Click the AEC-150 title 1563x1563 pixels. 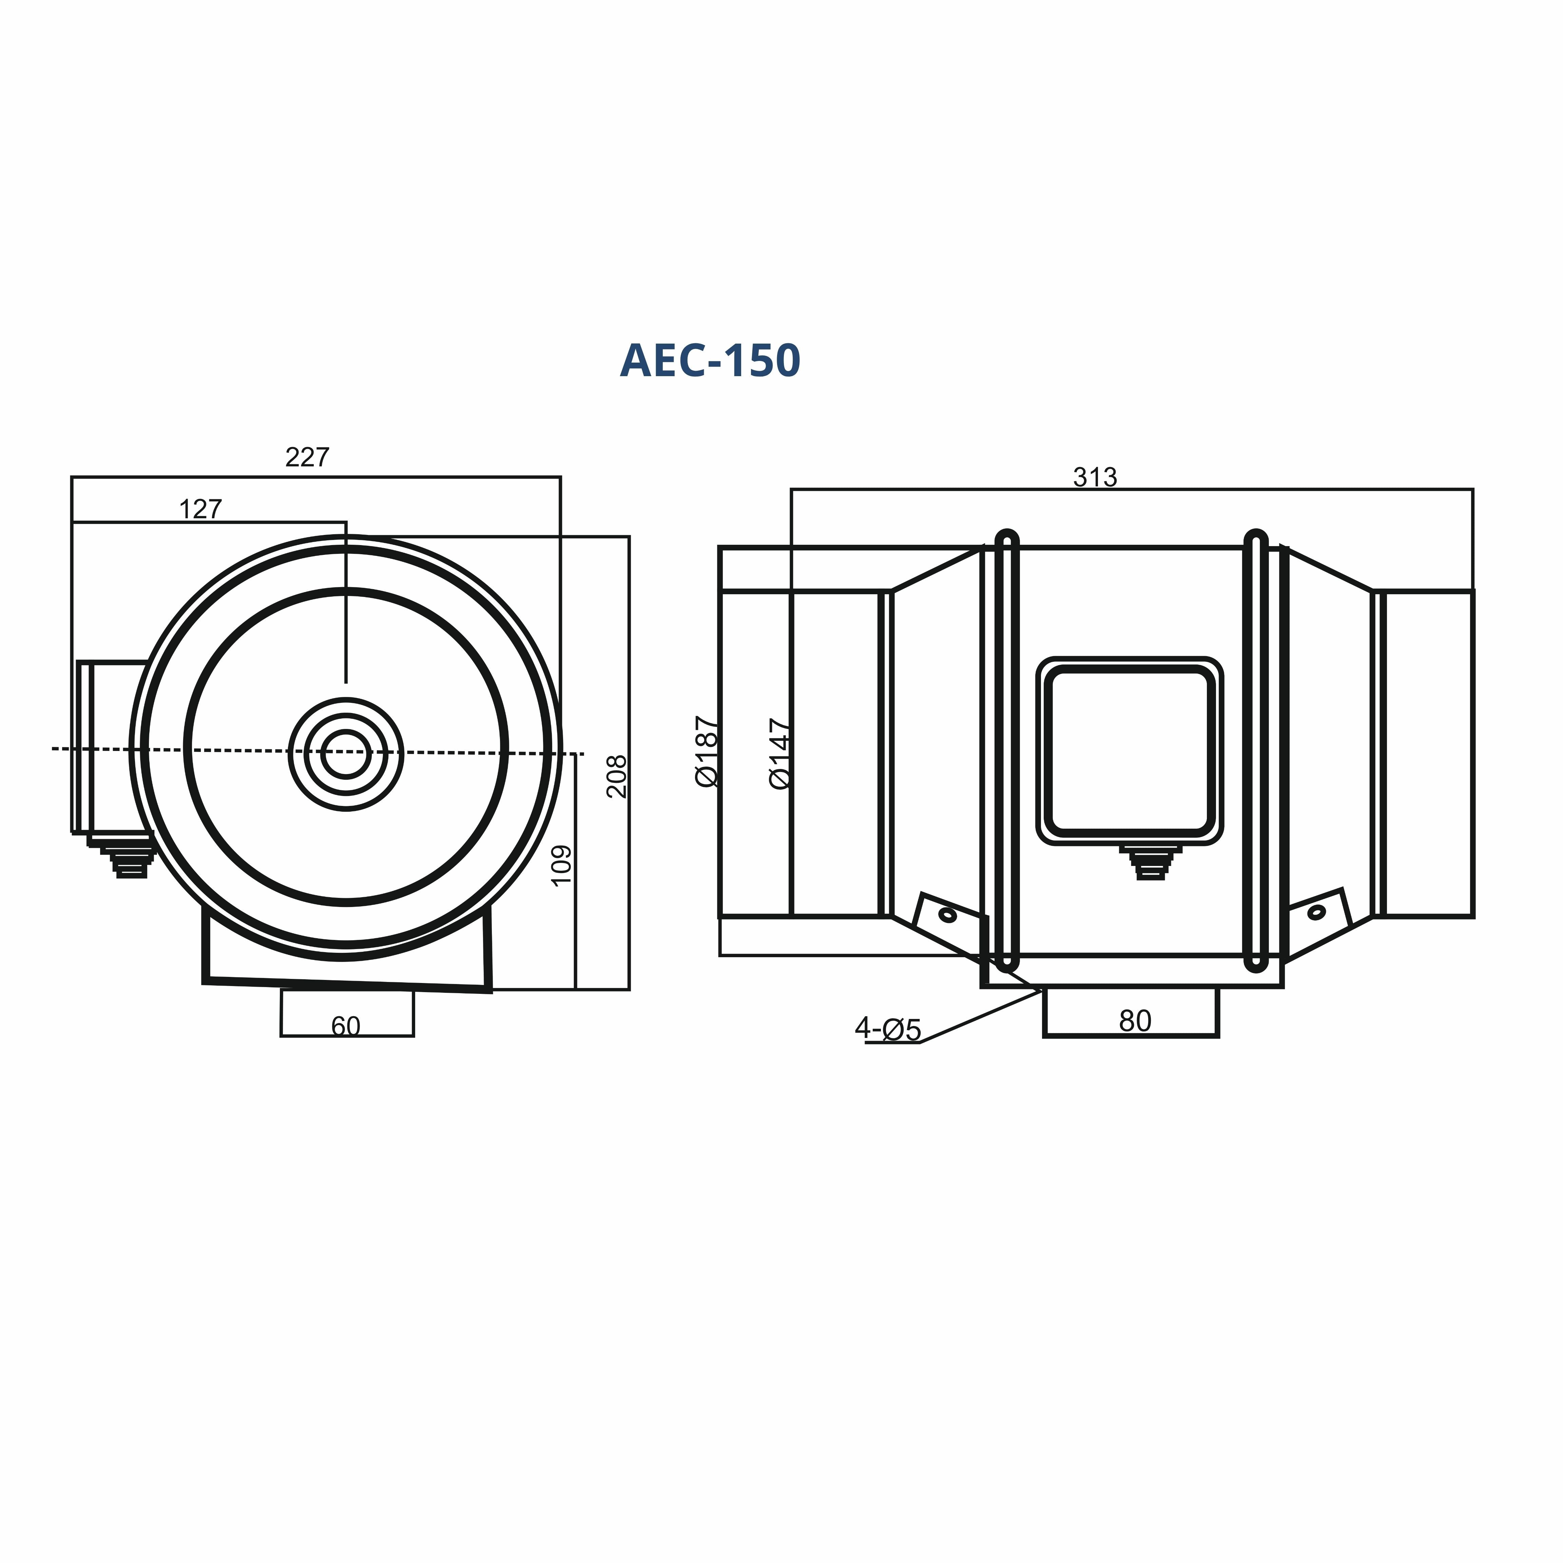click(x=710, y=361)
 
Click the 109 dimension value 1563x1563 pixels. click(x=561, y=866)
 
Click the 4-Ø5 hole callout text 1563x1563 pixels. click(x=887, y=1029)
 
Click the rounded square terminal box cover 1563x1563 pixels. click(x=1130, y=751)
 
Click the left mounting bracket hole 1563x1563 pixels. click(x=947, y=915)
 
